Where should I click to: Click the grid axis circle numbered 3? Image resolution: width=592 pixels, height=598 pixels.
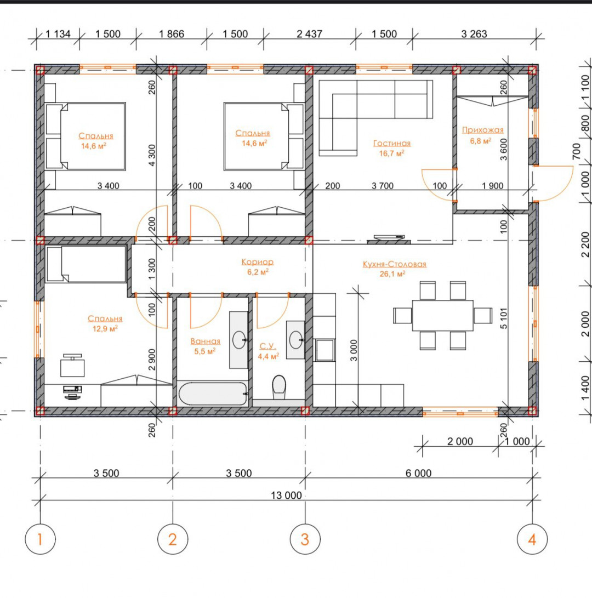point(305,539)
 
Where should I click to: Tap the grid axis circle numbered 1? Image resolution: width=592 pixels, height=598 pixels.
point(40,539)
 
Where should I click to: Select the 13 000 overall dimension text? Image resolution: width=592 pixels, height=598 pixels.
point(286,495)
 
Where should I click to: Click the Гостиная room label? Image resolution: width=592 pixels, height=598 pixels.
point(392,143)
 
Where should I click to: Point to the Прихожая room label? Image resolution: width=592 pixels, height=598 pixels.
point(482,130)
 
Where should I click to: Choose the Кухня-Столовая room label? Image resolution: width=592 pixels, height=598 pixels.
point(395,264)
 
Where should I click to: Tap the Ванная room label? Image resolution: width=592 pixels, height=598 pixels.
point(205,341)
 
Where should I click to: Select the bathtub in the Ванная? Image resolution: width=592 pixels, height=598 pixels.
point(213,393)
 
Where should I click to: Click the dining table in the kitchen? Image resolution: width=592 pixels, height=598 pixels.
point(442,315)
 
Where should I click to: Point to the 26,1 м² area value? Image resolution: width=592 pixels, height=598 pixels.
point(392,274)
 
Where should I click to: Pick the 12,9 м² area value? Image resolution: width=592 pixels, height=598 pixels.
point(105,328)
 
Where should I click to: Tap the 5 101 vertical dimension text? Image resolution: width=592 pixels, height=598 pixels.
point(504,318)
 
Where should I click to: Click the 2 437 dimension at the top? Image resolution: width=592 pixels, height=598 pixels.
point(309,34)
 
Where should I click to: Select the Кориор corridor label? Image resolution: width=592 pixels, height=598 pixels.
point(258,261)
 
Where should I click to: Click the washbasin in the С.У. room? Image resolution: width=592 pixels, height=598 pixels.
point(295,340)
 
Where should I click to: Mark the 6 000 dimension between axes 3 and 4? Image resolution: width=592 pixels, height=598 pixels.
point(418,473)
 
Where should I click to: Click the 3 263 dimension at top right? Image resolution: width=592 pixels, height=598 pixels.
point(474,34)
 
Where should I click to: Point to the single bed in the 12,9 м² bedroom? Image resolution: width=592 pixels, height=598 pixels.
point(86,264)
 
